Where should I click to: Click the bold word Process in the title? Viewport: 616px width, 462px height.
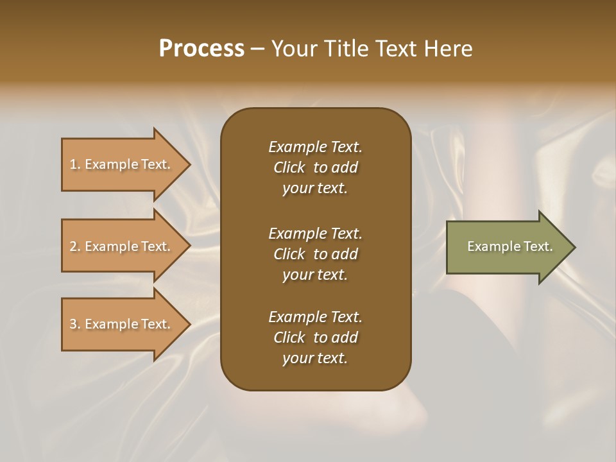[201, 49]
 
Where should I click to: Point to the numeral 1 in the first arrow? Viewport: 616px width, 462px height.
[73, 164]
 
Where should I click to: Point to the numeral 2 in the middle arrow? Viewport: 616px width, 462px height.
[73, 246]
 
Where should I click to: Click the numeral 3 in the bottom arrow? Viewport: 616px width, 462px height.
[73, 324]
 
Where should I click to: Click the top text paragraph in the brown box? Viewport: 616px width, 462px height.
[315, 167]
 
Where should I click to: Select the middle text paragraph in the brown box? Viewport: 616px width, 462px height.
[315, 254]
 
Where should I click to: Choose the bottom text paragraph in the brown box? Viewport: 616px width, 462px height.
[315, 338]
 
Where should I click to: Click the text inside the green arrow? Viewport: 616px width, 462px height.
[509, 246]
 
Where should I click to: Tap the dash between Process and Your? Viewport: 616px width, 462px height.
[258, 49]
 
